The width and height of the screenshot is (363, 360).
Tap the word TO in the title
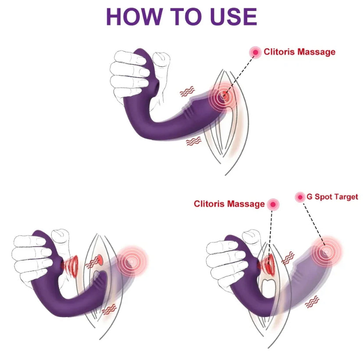pyautogui.click(x=186, y=17)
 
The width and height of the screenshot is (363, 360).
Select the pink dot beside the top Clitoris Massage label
pyautogui.click(x=255, y=52)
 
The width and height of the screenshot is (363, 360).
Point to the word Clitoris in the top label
pyautogui.click(x=279, y=51)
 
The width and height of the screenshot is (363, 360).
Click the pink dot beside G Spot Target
pyautogui.click(x=300, y=197)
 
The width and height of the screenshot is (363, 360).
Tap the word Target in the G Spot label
pyautogui.click(x=347, y=197)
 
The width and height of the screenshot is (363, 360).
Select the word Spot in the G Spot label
pyautogui.click(x=324, y=197)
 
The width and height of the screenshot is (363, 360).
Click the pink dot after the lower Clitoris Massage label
pyautogui.click(x=273, y=204)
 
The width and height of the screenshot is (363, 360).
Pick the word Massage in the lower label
pyautogui.click(x=246, y=204)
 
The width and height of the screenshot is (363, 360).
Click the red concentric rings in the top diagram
pyautogui.click(x=224, y=97)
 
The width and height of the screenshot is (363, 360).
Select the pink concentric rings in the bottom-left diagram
pyautogui.click(x=132, y=262)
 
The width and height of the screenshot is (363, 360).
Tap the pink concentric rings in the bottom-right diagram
pyautogui.click(x=326, y=251)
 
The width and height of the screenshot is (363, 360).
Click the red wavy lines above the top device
pyautogui.click(x=187, y=92)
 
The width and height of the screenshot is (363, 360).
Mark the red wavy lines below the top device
pyautogui.click(x=194, y=141)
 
